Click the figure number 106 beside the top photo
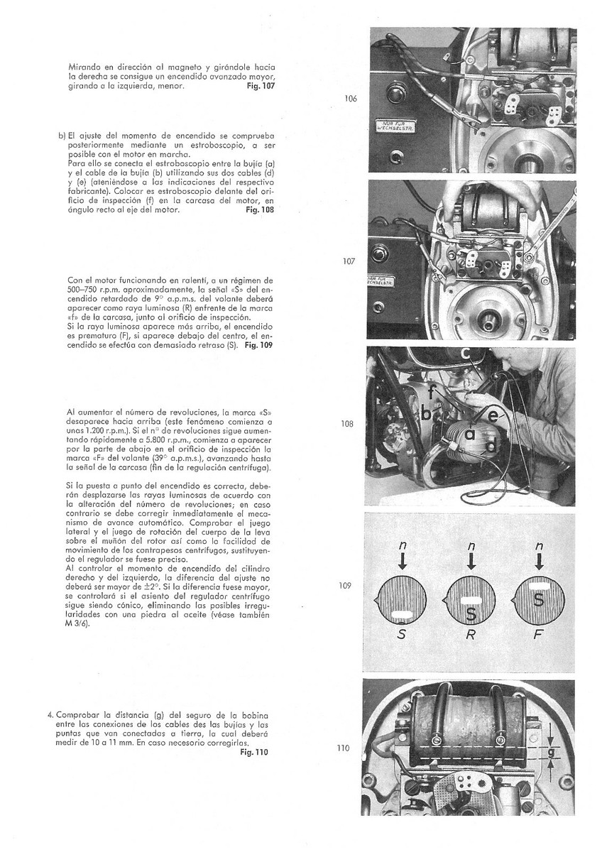coord(350,99)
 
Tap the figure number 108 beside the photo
coord(347,424)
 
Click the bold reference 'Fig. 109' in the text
coord(259,345)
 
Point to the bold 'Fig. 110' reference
coord(255,753)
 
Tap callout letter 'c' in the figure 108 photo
coord(465,353)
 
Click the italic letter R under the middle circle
coord(470,635)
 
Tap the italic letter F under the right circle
coord(538,635)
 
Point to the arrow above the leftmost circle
coord(402,562)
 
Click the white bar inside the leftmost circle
coord(403,613)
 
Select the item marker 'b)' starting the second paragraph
coord(62,136)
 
